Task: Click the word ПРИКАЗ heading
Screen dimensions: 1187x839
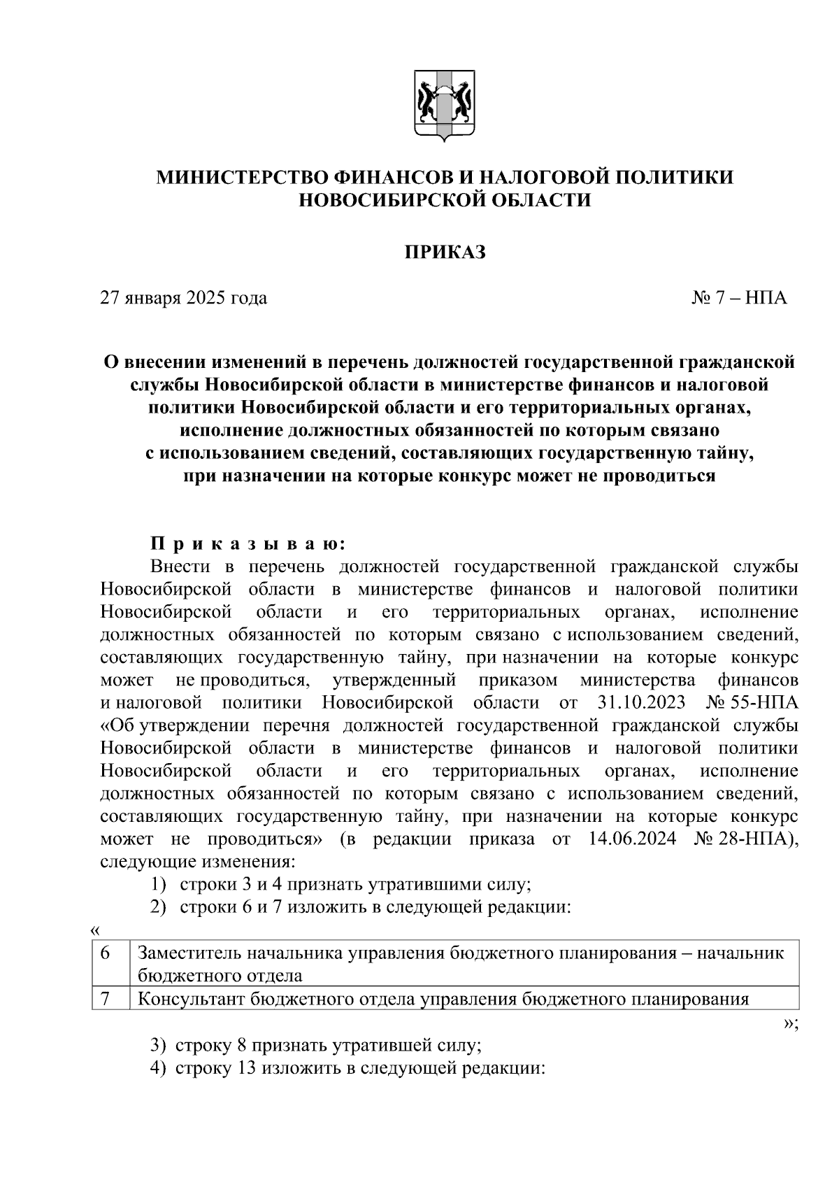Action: pos(445,253)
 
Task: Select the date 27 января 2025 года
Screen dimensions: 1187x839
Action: pos(184,299)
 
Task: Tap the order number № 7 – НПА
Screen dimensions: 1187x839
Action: pos(740,299)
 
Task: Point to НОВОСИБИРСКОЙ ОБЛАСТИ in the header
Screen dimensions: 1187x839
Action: pos(445,201)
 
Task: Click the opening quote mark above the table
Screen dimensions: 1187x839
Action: pos(96,930)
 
